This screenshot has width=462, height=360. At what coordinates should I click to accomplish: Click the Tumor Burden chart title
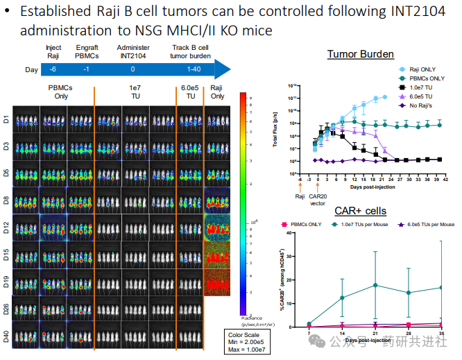pos(360,54)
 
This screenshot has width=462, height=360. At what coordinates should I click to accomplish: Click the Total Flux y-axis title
pos(275,126)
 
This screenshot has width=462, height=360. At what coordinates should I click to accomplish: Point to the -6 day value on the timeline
pos(53,69)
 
